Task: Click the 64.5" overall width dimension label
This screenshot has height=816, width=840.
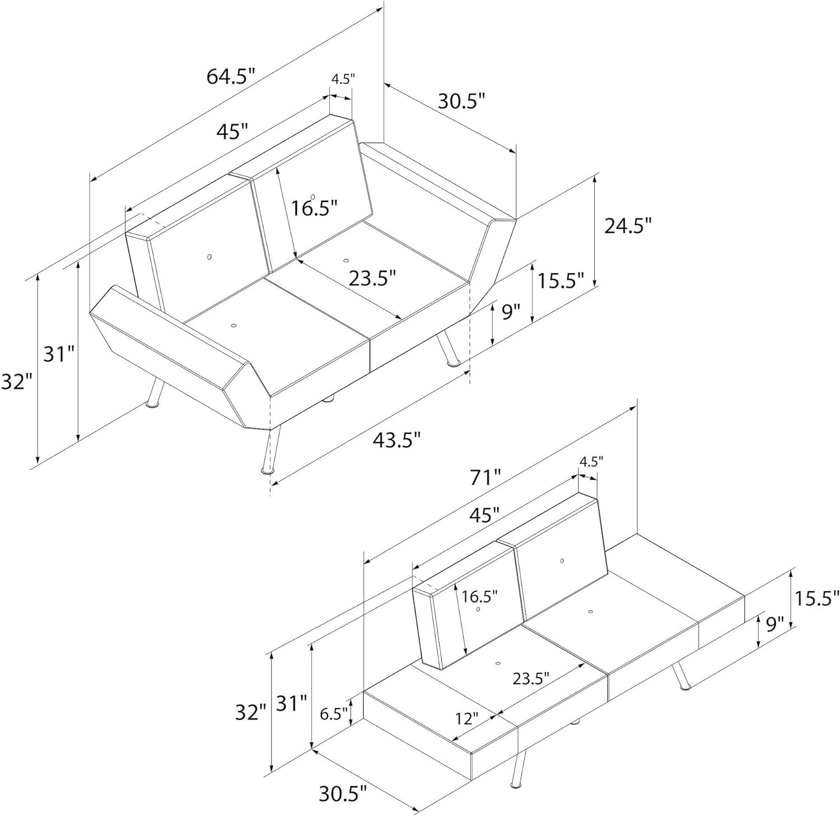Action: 231,76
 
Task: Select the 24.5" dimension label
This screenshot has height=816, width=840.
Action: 628,225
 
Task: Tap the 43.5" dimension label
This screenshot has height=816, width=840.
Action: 396,440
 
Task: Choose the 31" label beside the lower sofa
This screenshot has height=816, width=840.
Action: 292,703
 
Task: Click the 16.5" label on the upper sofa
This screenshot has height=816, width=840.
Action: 314,208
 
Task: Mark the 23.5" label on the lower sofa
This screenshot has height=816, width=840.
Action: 531,678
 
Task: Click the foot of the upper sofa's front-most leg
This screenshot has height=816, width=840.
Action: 268,470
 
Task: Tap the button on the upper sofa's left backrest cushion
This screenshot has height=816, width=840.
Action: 209,257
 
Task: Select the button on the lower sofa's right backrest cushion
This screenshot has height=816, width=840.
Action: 562,560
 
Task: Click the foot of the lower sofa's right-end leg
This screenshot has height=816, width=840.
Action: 684,686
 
